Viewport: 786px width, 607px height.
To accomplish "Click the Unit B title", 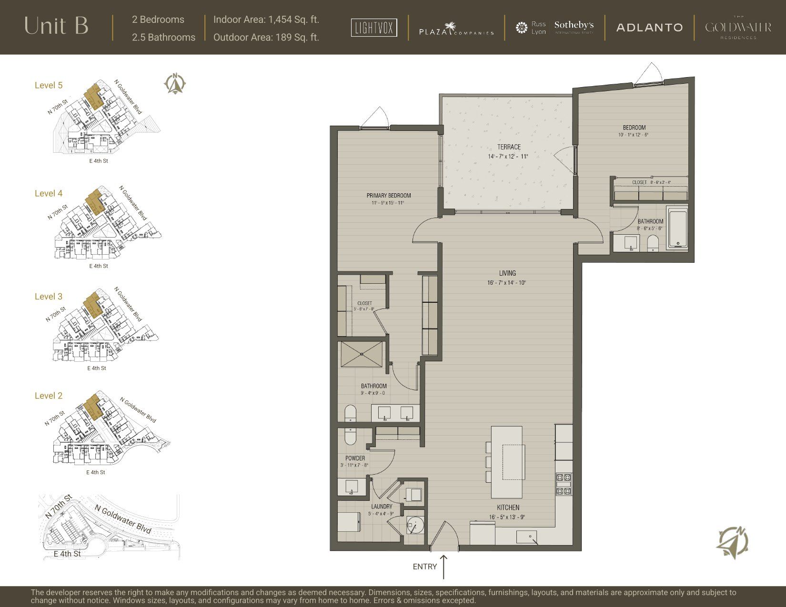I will click(x=56, y=26).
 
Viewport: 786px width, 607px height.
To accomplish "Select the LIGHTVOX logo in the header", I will click(x=374, y=28).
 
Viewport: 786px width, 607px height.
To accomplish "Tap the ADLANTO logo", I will click(x=649, y=28).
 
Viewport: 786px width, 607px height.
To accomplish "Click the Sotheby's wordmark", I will click(x=574, y=25).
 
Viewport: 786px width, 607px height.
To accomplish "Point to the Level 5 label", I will click(x=49, y=85).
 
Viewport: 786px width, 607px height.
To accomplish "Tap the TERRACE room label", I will click(x=509, y=147).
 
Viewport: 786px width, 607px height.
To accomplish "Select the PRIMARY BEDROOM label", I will click(x=389, y=196).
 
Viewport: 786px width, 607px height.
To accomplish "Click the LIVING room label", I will click(x=507, y=273).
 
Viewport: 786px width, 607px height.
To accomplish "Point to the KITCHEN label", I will click(x=508, y=507).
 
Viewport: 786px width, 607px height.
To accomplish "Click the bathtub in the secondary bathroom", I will click(x=678, y=229).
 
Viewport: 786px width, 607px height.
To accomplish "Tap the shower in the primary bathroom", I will click(x=362, y=354).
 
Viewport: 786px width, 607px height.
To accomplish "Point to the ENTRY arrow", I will click(x=443, y=567).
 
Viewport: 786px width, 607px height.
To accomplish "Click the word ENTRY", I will click(x=424, y=567).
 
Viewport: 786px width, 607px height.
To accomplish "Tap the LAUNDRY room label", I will click(x=382, y=507).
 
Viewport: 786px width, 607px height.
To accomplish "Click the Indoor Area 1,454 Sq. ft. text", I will click(x=266, y=20).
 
